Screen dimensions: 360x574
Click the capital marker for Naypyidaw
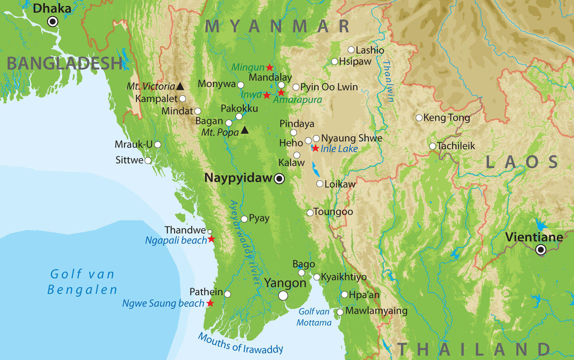coord(279,178)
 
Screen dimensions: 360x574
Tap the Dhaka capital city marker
coord(53,22)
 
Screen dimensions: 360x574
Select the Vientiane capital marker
coord(541,249)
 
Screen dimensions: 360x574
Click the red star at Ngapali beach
coord(212,239)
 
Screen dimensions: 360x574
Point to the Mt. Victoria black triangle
coord(180,86)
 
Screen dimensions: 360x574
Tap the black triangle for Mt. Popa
coord(245,130)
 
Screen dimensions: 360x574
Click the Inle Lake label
coord(339,149)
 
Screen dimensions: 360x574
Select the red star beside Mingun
coord(269,67)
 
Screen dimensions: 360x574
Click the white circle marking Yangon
coord(283,295)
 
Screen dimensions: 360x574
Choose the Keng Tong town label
coord(447,118)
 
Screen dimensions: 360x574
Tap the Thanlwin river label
coord(389,81)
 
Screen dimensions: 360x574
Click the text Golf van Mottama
coord(314,317)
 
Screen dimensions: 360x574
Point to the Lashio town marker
coord(351,50)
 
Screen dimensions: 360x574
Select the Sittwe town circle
coord(148,160)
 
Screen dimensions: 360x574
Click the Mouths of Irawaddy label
coord(240,344)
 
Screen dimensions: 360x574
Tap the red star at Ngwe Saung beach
coord(210,303)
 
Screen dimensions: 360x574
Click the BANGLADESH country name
coord(65,64)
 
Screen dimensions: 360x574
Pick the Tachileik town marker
coord(433,146)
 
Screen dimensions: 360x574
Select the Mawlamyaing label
coord(376,311)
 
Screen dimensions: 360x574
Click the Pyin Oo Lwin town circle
coord(296,87)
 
